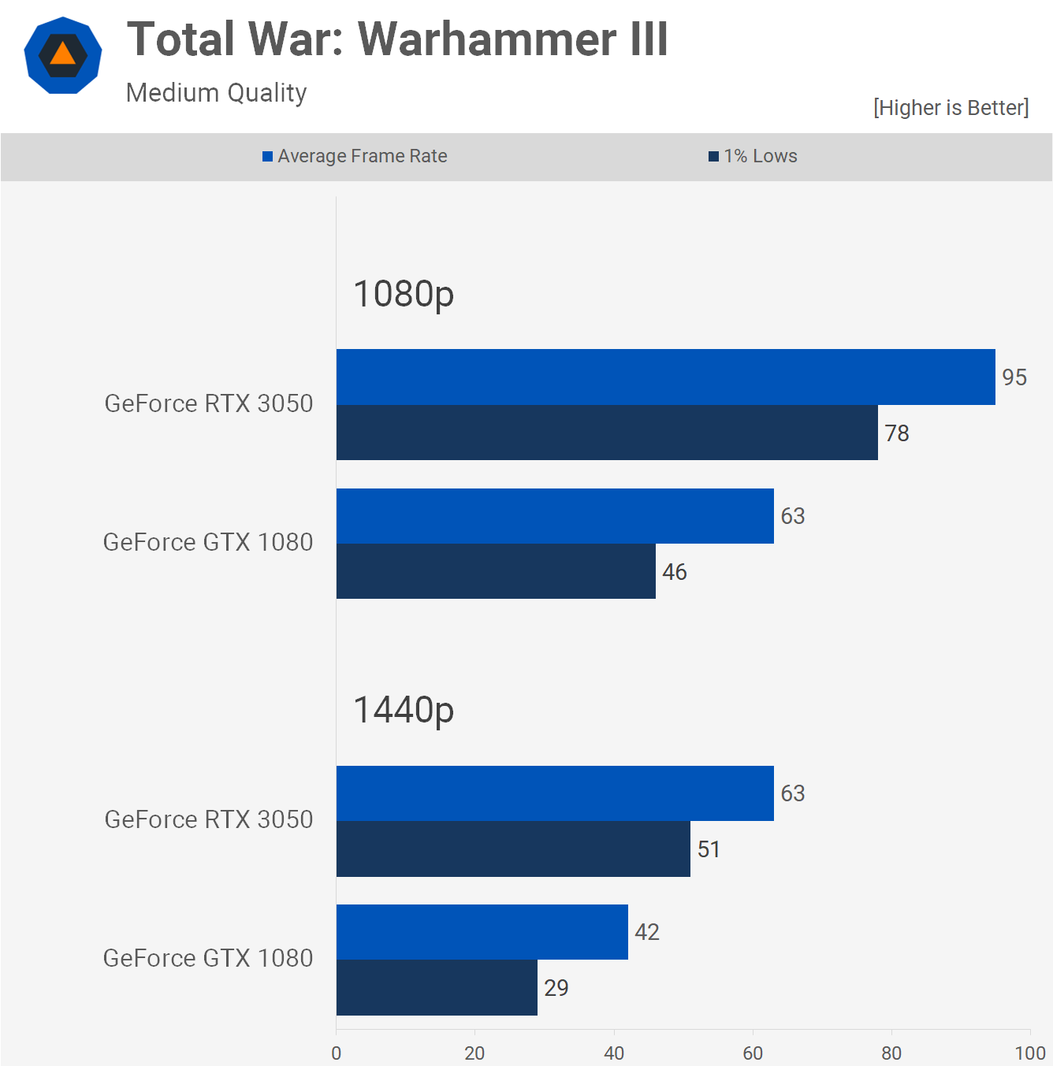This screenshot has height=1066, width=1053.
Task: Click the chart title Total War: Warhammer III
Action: point(397,39)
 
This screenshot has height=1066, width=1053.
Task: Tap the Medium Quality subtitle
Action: point(217,93)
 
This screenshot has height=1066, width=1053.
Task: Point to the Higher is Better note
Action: point(951,108)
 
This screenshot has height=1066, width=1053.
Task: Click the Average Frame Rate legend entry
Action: point(355,156)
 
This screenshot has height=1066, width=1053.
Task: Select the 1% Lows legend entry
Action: point(753,156)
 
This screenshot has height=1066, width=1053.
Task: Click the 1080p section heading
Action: point(404,295)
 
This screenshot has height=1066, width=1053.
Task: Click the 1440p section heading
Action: point(404,711)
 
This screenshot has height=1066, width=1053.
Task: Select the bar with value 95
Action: point(665,377)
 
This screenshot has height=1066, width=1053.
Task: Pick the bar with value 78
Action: point(607,433)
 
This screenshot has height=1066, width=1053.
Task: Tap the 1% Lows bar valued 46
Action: point(496,571)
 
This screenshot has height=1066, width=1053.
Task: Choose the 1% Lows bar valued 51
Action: point(513,849)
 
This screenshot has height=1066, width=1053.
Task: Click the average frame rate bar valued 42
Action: point(482,932)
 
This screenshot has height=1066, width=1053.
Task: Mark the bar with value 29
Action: point(437,987)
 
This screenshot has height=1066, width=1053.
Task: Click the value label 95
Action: point(1014,377)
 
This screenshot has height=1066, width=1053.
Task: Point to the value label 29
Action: point(556,988)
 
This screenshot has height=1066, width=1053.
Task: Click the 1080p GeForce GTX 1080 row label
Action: point(208,542)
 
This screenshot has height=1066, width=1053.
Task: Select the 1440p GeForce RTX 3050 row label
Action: point(209,819)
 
